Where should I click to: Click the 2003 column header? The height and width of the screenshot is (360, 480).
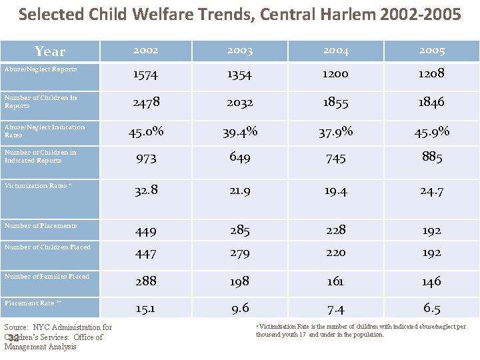pyautogui.click(x=239, y=51)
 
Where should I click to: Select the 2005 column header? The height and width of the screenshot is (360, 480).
pyautogui.click(x=431, y=51)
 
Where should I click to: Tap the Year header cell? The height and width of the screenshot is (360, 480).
pyautogui.click(x=50, y=51)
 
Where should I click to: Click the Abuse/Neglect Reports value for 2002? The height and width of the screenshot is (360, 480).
pyautogui.click(x=145, y=75)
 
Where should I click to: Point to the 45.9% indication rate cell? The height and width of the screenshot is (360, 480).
pyautogui.click(x=431, y=131)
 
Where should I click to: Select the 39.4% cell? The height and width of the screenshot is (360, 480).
pyautogui.click(x=239, y=131)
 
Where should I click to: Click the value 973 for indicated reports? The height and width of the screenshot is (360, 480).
pyautogui.click(x=145, y=158)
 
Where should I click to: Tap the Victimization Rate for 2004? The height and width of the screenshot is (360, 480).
pyautogui.click(x=335, y=191)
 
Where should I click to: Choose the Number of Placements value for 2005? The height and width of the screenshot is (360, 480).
pyautogui.click(x=431, y=231)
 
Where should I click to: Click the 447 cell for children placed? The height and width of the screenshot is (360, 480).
pyautogui.click(x=145, y=253)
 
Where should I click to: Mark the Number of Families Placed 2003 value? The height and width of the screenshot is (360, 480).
pyautogui.click(x=239, y=281)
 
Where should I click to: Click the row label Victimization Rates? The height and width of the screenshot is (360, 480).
pyautogui.click(x=36, y=186)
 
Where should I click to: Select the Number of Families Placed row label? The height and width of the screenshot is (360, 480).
pyautogui.click(x=47, y=277)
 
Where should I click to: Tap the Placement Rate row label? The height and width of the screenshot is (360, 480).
pyautogui.click(x=33, y=303)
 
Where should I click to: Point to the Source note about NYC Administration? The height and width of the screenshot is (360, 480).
pyautogui.click(x=57, y=337)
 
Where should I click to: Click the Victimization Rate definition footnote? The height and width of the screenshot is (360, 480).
pyautogui.click(x=361, y=331)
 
